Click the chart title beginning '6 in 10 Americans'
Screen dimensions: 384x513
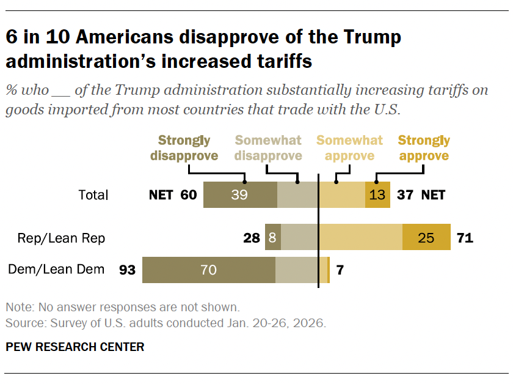(203, 49)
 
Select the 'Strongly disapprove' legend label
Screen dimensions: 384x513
(184, 148)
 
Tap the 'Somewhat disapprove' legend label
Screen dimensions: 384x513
(269, 148)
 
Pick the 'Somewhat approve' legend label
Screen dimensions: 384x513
(349, 148)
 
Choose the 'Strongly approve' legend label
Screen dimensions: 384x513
(423, 148)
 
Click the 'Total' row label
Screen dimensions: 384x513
(93, 195)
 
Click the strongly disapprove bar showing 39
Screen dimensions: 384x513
(240, 195)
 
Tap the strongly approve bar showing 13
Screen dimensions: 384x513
(377, 195)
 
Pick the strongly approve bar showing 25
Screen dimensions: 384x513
(426, 238)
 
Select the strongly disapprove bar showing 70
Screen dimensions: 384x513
(208, 270)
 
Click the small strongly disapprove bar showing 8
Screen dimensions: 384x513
(272, 238)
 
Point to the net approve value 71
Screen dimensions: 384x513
(465, 238)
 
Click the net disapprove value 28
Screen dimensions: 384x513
(252, 238)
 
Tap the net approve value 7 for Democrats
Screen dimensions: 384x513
(340, 270)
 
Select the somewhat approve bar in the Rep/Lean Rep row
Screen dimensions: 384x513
(360, 238)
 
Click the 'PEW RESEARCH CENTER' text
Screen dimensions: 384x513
(75, 347)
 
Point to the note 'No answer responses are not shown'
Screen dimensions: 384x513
(122, 307)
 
